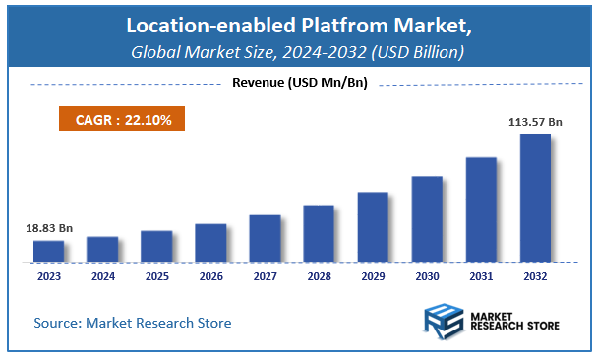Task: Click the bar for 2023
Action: tap(48, 251)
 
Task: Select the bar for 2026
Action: tap(210, 242)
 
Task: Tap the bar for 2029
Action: tap(373, 226)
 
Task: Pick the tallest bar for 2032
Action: tap(535, 197)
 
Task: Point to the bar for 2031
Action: tap(481, 209)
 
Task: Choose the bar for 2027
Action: tap(265, 238)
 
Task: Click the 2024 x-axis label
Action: tap(102, 277)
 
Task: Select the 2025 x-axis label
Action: tap(156, 277)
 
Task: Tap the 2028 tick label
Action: tap(319, 277)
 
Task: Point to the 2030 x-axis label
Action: tap(427, 277)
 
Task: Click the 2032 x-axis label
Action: tap(535, 277)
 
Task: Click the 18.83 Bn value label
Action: tap(49, 227)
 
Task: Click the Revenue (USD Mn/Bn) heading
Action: tap(299, 83)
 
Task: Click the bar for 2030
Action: tap(427, 218)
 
